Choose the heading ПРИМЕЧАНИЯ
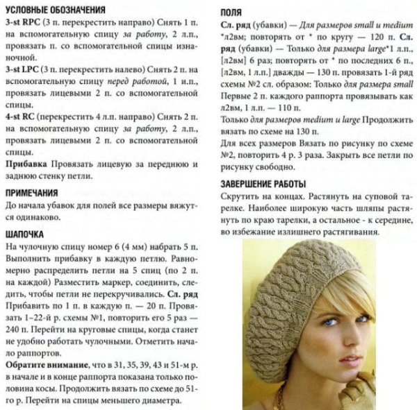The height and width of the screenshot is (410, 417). (x=40, y=193)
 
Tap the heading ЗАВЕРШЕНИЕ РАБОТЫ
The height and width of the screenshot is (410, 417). (x=263, y=183)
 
